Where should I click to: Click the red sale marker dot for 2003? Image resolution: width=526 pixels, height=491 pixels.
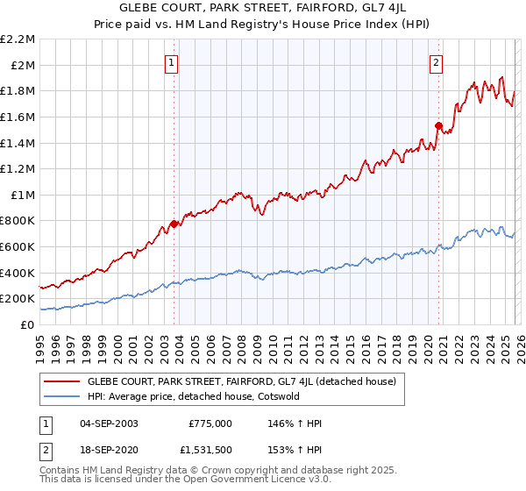point(174,224)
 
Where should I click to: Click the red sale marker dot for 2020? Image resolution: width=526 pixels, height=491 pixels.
point(439,125)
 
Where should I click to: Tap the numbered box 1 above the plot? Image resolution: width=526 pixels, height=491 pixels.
point(171,62)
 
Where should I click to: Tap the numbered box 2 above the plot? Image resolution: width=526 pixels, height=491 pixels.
point(436,62)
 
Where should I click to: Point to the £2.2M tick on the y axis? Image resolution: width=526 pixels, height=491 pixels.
point(19,39)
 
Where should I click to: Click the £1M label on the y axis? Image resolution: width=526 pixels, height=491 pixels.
point(23,196)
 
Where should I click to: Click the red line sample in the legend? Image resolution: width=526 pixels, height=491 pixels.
point(62,382)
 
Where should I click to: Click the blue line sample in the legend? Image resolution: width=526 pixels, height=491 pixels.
point(62,396)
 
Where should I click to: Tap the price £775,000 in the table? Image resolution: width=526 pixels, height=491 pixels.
point(210,423)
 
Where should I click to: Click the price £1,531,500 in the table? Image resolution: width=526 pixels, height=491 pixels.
point(205,452)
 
